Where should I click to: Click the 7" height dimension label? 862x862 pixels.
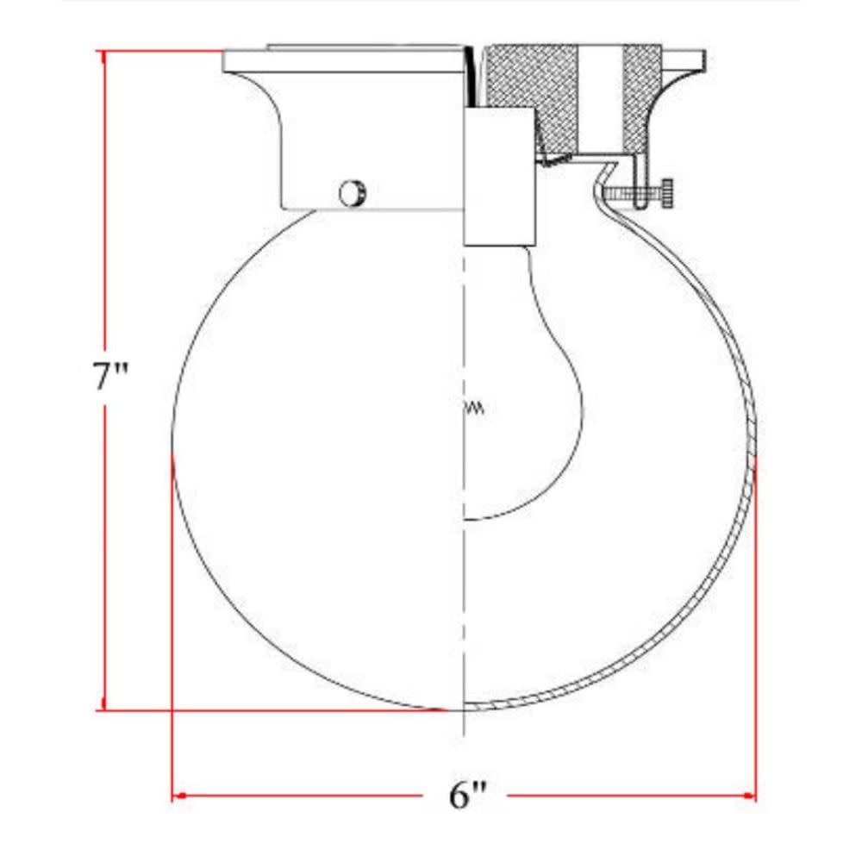click(111, 378)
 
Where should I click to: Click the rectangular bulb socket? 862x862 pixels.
click(501, 177)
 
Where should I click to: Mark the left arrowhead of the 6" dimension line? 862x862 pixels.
click(178, 795)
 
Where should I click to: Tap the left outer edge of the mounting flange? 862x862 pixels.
click(226, 61)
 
